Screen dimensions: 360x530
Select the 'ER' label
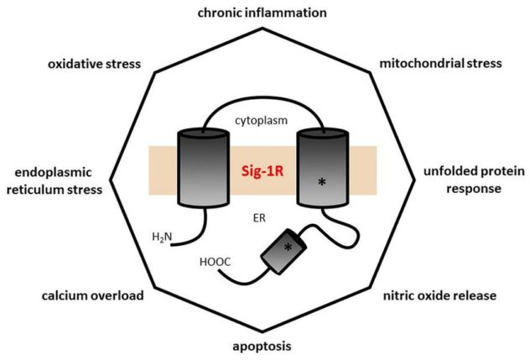[259, 217]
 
